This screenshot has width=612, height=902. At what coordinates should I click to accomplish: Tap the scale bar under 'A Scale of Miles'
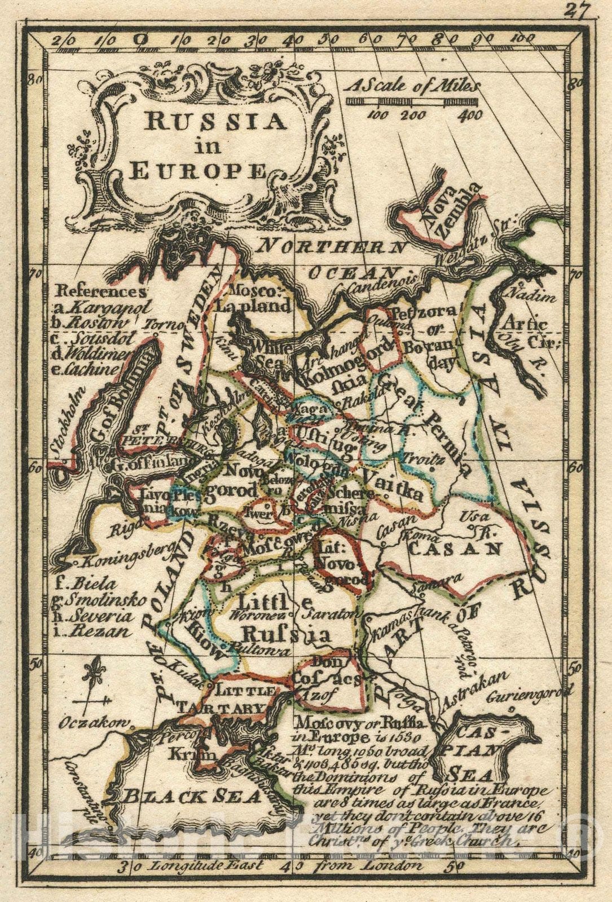[x=412, y=102]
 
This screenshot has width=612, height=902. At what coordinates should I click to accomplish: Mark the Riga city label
[x=122, y=528]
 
